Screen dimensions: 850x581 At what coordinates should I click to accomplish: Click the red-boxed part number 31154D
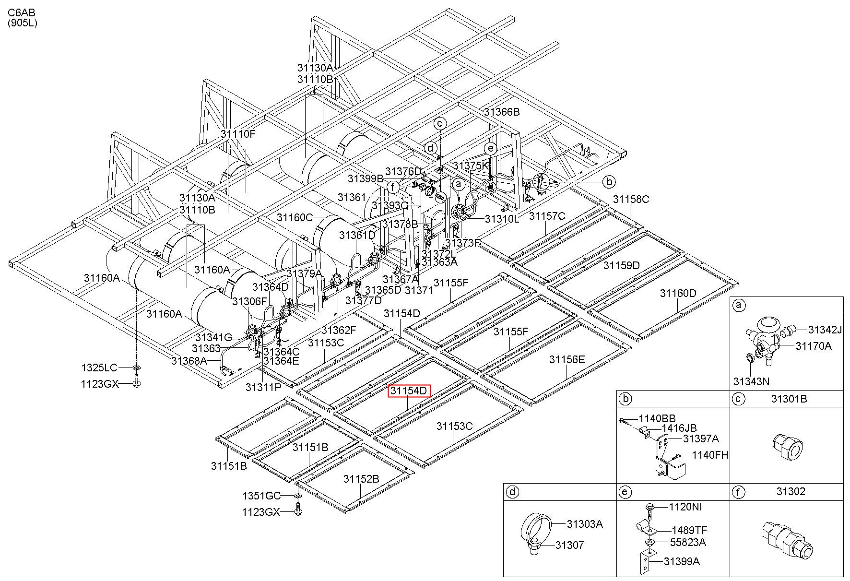click(409, 391)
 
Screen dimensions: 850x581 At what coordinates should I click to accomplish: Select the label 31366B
click(502, 112)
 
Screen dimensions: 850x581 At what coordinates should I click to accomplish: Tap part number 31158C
click(631, 199)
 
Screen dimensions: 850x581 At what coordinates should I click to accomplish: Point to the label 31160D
click(678, 293)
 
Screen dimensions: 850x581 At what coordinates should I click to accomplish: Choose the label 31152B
click(361, 479)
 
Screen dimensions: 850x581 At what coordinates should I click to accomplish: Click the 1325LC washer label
click(99, 368)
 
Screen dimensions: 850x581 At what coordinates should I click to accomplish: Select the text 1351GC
click(261, 496)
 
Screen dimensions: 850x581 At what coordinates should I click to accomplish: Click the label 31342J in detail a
click(825, 330)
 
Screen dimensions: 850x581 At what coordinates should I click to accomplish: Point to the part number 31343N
click(751, 381)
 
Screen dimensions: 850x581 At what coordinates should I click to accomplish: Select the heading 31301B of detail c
click(789, 399)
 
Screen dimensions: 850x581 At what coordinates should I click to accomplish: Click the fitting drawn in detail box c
click(787, 447)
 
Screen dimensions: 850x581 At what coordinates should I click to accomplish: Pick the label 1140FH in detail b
click(710, 455)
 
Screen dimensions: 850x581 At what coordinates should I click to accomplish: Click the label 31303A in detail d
click(584, 524)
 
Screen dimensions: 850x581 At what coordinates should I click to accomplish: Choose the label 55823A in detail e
click(688, 542)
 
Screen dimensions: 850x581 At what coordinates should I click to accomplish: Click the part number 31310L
click(502, 219)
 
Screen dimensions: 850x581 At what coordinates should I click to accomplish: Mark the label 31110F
click(238, 134)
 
